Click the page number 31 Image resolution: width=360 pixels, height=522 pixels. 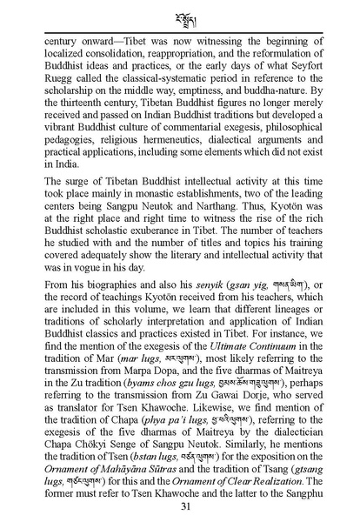180,508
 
